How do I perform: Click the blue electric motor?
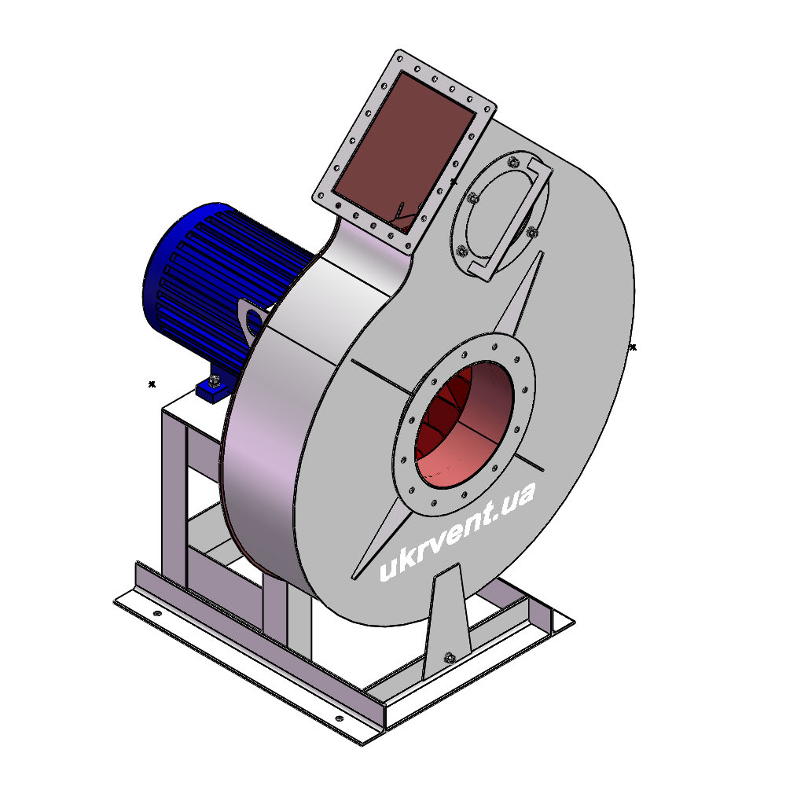pyautogui.click(x=221, y=281)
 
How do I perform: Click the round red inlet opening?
pyautogui.click(x=465, y=424)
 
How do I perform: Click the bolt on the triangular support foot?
pyautogui.click(x=450, y=657)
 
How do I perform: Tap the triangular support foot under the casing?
pyautogui.click(x=448, y=622)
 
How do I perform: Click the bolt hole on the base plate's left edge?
pyautogui.click(x=157, y=613)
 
